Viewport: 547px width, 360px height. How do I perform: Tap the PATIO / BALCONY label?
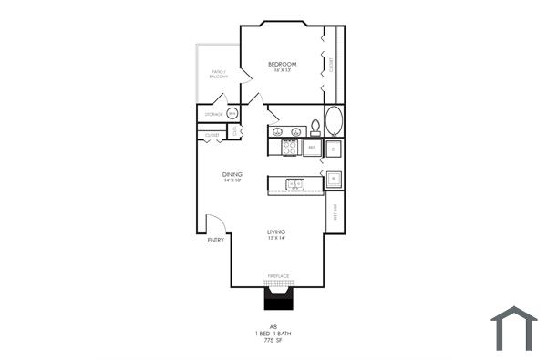tap(219, 73)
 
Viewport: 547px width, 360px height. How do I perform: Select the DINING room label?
tap(232, 174)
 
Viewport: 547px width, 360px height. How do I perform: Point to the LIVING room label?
tap(277, 233)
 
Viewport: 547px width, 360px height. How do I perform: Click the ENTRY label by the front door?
tap(215, 240)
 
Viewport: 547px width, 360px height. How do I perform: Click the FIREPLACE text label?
tap(278, 276)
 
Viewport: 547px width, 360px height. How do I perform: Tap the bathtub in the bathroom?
tap(335, 121)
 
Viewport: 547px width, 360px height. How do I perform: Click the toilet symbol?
tap(315, 127)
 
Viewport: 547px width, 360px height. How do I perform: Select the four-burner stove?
tap(290, 147)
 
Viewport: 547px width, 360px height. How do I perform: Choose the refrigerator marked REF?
tap(312, 147)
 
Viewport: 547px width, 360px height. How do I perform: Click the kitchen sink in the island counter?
tap(295, 184)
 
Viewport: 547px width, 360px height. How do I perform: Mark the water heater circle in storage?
tap(232, 114)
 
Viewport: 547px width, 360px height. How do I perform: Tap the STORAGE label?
tap(213, 114)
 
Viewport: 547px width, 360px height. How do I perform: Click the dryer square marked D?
tap(335, 147)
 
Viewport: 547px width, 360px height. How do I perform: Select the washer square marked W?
tap(335, 179)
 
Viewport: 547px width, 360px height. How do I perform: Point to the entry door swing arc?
tap(215, 223)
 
